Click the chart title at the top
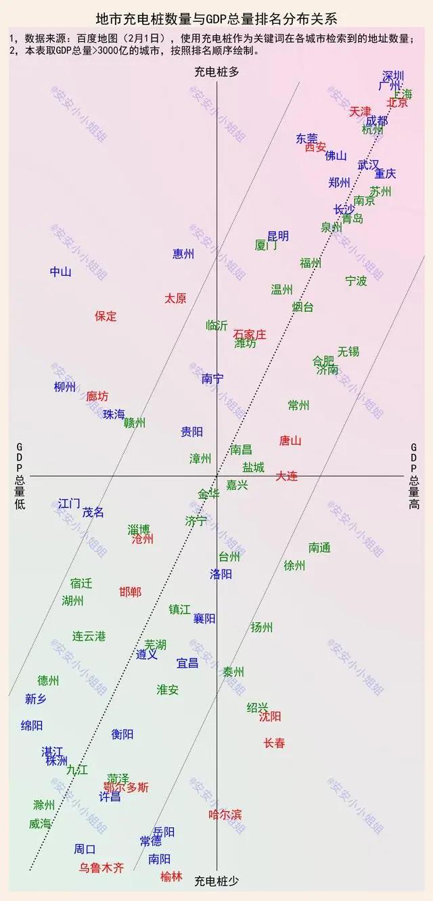216,18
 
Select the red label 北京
397,103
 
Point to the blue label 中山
60,272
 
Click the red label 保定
106,316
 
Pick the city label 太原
175,298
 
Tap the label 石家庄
250,334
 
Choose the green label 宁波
356,280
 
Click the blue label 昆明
278,235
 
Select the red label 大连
286,476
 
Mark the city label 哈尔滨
225,814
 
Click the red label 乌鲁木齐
101,868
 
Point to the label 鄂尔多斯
127,787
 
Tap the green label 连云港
89,636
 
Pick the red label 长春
274,743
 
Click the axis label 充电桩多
216,71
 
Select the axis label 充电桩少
216,881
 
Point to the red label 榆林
171,876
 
